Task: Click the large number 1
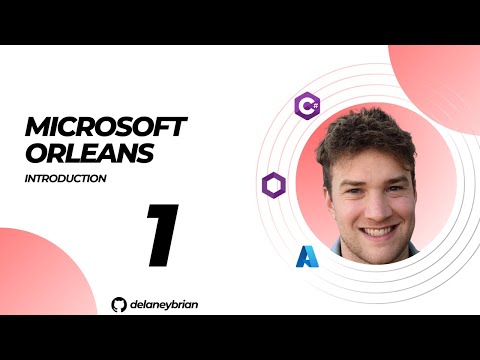162,237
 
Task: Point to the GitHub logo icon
120,303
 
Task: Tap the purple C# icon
308,105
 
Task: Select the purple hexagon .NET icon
273,184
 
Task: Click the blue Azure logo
307,257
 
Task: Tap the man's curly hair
365,135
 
